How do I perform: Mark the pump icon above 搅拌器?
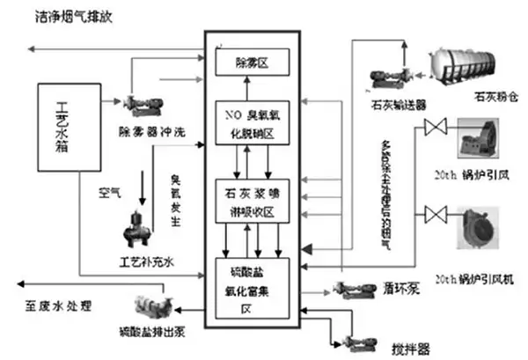360,336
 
